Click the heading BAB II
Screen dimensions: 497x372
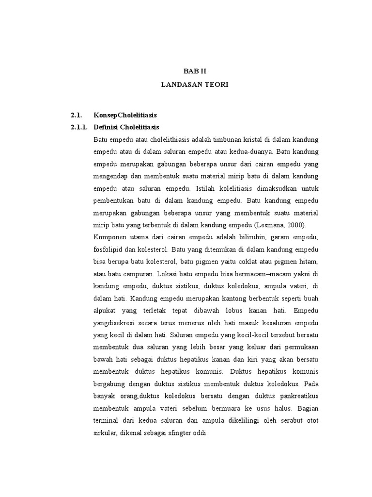point(194,71)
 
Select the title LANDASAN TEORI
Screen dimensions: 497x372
point(194,84)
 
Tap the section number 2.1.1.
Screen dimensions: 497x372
point(79,127)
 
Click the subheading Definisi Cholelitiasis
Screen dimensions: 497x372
point(126,127)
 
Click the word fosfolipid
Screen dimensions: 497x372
point(109,249)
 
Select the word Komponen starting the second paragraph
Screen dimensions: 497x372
point(110,237)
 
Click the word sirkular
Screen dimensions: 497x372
point(105,431)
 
